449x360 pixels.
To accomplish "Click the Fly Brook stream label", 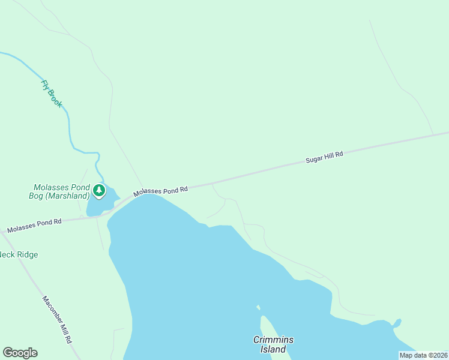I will [x=52, y=94].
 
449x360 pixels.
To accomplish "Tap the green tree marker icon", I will [x=98, y=191].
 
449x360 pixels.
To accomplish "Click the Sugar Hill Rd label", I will [x=324, y=157].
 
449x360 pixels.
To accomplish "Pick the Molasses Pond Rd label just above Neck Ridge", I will [x=34, y=226].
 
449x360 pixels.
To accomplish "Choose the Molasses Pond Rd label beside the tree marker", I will [x=161, y=191].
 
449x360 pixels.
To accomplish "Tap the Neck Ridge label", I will [x=19, y=255].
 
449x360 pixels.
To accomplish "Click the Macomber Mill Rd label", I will [x=57, y=319].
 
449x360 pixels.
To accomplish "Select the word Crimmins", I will [x=273, y=340].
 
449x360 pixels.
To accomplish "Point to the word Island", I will [x=273, y=349].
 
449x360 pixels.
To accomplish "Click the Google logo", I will [x=20, y=353].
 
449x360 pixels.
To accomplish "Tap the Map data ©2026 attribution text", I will [x=423, y=355].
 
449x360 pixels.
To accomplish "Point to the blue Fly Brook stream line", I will [x=69, y=126].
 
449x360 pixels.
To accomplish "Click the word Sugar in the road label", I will [x=314, y=160].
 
